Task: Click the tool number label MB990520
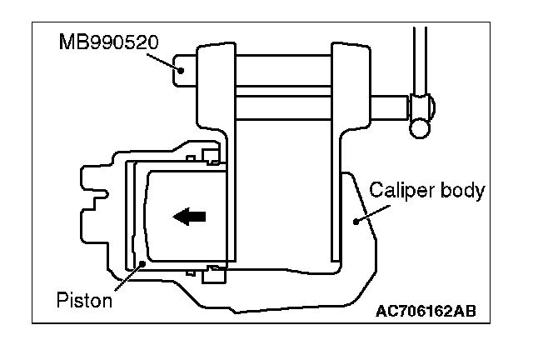pyautogui.click(x=101, y=39)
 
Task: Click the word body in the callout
pyautogui.click(x=465, y=191)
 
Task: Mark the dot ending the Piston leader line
pyautogui.click(x=142, y=263)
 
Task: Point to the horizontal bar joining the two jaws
pyautogui.click(x=283, y=107)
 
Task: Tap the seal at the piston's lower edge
pyautogui.click(x=208, y=268)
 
